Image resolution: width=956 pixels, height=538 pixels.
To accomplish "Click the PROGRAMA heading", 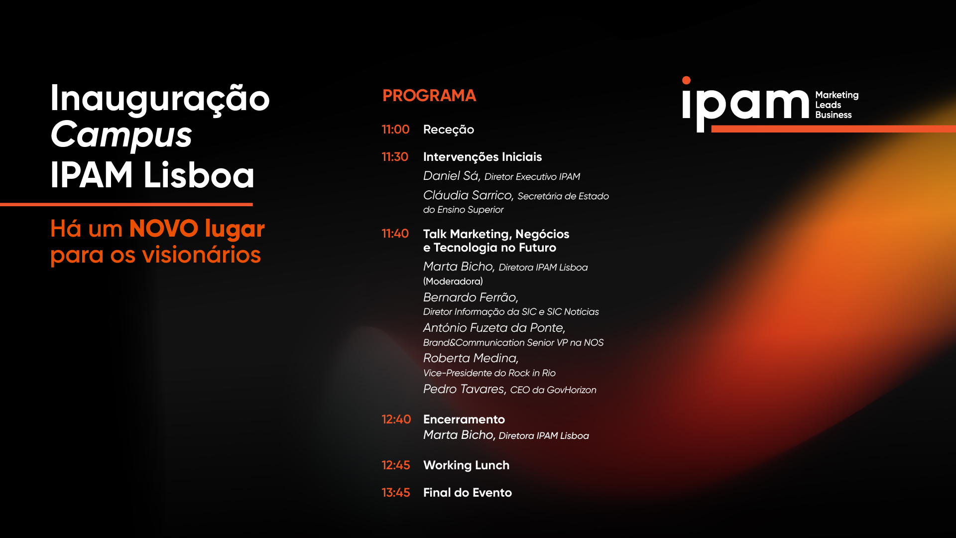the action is [429, 96].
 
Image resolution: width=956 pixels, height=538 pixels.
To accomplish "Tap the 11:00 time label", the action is [395, 130].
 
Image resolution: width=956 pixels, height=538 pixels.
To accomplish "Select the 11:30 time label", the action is [395, 157].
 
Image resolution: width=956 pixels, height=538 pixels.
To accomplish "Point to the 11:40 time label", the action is [395, 234].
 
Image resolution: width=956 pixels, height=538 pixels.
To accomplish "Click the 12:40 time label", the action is [396, 419].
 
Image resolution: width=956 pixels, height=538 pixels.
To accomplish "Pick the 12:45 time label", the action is [396, 465].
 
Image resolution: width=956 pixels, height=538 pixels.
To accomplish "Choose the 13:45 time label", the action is [396, 493].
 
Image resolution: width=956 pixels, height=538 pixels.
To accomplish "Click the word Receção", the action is [449, 130].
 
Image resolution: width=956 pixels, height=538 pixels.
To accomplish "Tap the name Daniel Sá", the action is [452, 176].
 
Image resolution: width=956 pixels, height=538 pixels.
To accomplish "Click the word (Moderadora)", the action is [453, 281].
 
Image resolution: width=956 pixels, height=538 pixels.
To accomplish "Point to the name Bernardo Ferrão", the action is [471, 297].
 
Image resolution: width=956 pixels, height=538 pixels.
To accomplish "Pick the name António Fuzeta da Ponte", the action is [494, 328].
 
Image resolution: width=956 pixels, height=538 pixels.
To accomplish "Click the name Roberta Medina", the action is [471, 358].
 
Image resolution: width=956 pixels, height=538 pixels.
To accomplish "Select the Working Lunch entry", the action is [467, 465].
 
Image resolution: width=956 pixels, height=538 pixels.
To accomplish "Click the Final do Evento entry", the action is [468, 493].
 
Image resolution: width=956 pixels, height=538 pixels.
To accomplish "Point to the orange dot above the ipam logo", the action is [686, 80].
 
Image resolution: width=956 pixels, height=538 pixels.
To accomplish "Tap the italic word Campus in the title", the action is [121, 135].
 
